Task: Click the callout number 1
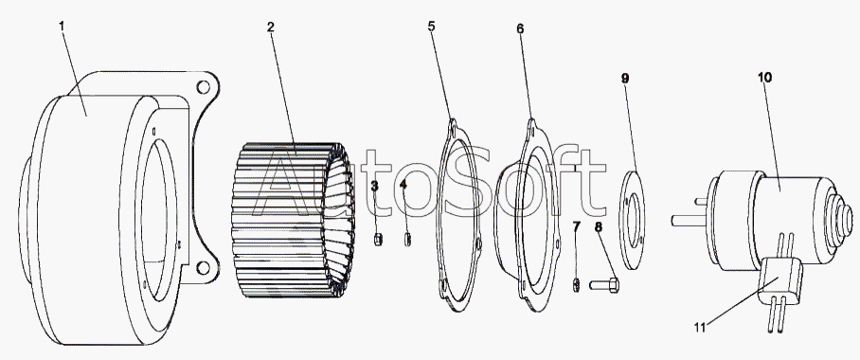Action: tap(62, 26)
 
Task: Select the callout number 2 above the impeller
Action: tap(270, 27)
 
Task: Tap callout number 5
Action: tap(432, 27)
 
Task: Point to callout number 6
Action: tap(520, 28)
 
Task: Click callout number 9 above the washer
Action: tap(625, 79)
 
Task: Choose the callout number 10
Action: tap(764, 78)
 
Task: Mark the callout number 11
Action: tap(699, 328)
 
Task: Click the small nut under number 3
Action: tap(378, 240)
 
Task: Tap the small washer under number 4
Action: tap(407, 240)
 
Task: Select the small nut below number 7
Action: tap(577, 286)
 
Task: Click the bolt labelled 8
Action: tap(604, 285)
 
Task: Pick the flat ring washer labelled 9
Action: tap(632, 220)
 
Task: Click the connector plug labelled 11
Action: tap(779, 282)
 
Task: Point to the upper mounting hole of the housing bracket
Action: tap(203, 86)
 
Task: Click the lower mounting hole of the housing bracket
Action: tap(203, 268)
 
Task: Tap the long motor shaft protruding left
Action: tap(689, 220)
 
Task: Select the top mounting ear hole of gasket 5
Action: tap(454, 130)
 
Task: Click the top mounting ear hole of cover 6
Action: tap(532, 131)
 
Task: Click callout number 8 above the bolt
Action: tap(598, 227)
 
